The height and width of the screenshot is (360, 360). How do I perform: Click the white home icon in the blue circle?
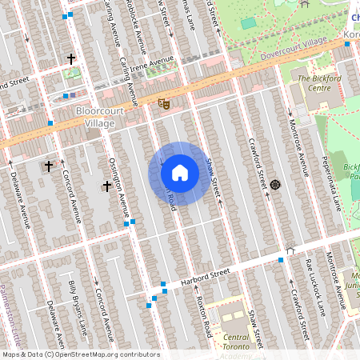pos(180,173)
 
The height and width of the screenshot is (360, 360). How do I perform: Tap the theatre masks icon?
pos(164,103)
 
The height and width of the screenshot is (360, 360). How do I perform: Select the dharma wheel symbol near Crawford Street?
pos(275,185)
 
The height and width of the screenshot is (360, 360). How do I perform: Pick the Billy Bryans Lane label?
pos(78,307)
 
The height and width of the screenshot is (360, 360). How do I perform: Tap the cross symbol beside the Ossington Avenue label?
pos(106,186)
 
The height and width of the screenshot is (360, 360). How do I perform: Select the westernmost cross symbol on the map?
pos(48,166)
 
